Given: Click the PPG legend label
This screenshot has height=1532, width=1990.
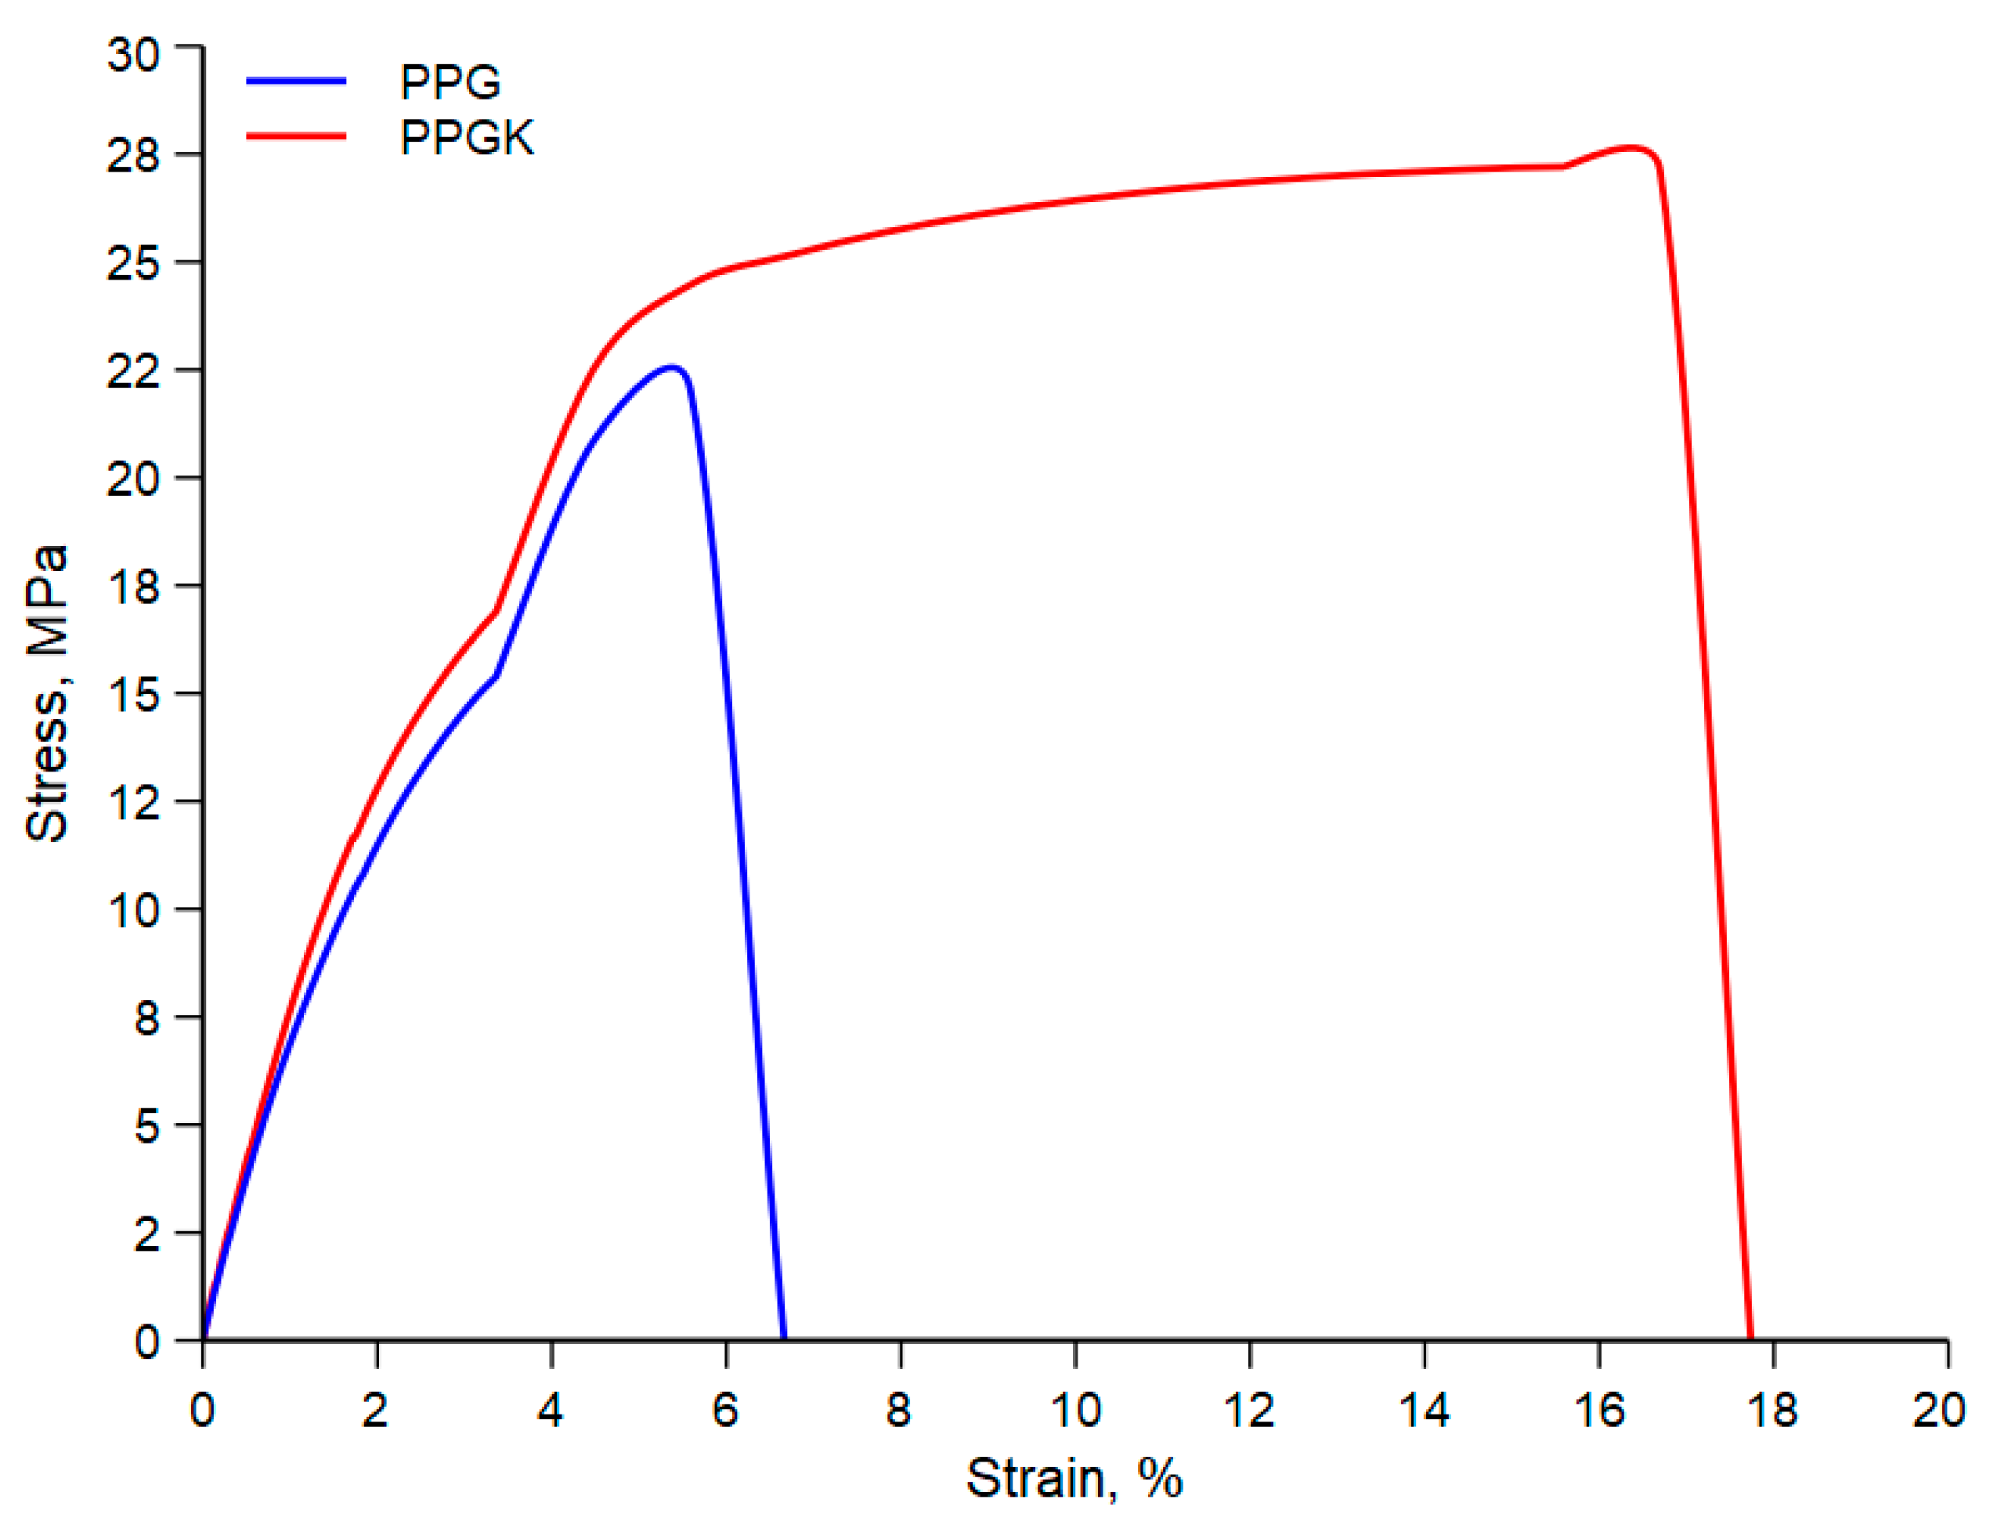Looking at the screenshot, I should [x=450, y=83].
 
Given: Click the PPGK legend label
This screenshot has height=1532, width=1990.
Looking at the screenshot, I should [x=467, y=139].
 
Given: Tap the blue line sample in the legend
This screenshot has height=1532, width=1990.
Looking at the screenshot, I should [x=296, y=81].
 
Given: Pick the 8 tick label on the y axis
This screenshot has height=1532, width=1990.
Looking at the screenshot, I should [x=146, y=1017].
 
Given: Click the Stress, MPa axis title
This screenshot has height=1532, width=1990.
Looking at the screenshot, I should [x=46, y=692].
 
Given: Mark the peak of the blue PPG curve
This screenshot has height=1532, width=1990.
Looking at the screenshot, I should [x=673, y=367].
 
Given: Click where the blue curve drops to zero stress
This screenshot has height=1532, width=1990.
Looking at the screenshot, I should [x=784, y=1338].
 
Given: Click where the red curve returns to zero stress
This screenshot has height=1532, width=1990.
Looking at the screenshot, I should [x=1750, y=1338].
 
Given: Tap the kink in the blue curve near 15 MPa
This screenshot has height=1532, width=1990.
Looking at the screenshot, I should [x=496, y=675].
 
